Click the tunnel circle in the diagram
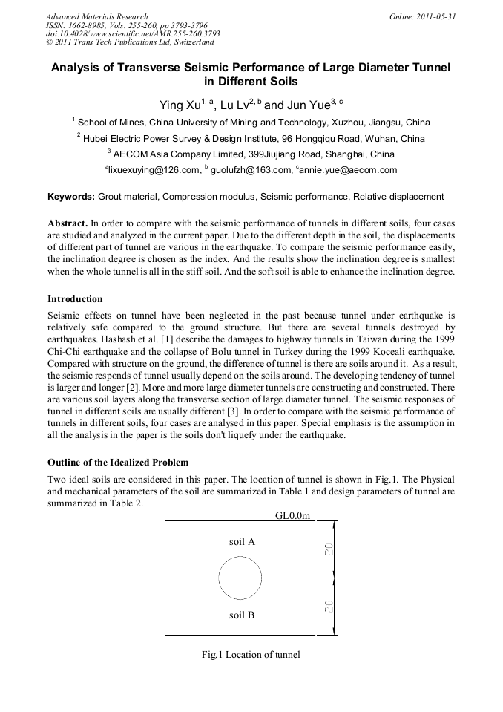pyautogui.click(x=240, y=578)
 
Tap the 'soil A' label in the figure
pyautogui.click(x=242, y=542)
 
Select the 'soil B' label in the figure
pyautogui.click(x=242, y=615)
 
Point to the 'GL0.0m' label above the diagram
pyautogui.click(x=292, y=515)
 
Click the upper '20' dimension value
pyautogui.click(x=328, y=549)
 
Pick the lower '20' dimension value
pyautogui.click(x=328, y=607)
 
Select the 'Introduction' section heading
pyautogui.click(x=75, y=299)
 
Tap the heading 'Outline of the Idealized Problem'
pyautogui.click(x=118, y=463)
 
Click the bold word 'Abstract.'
pyautogui.click(x=68, y=223)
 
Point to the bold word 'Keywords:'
pyautogui.click(x=71, y=197)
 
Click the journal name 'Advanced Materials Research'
pyautogui.click(x=96, y=16)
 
